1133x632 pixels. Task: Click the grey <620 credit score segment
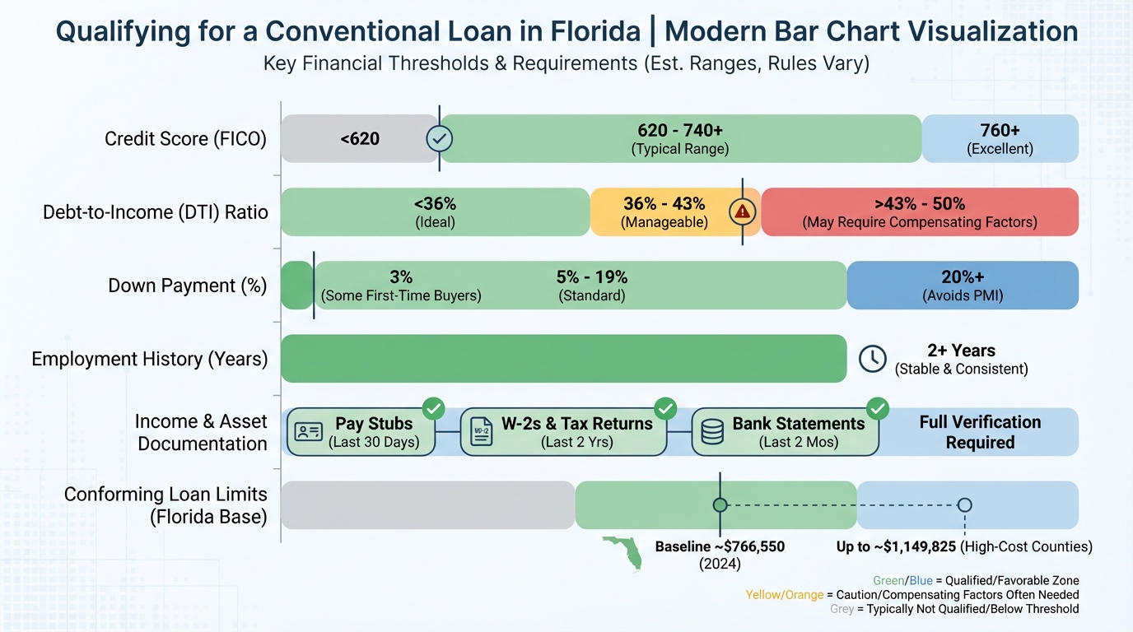click(359, 138)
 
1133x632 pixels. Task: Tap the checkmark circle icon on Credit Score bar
click(439, 139)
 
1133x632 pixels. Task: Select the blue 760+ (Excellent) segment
click(1000, 138)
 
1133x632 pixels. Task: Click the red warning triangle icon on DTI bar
click(743, 211)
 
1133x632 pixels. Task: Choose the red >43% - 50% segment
click(919, 211)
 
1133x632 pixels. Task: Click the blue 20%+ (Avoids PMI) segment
click(962, 285)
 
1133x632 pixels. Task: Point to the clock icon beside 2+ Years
click(872, 358)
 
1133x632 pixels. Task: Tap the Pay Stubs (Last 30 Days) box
click(361, 431)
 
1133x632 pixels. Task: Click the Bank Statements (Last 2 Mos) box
click(785, 431)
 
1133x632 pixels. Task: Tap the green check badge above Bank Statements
click(878, 407)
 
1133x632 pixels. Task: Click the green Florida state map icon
click(625, 551)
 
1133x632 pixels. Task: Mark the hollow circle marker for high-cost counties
click(965, 504)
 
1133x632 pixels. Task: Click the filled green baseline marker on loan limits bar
click(720, 504)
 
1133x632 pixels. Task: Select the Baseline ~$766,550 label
click(720, 546)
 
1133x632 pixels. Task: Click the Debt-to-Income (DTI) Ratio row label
click(156, 212)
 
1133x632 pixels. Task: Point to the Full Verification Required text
click(980, 432)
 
